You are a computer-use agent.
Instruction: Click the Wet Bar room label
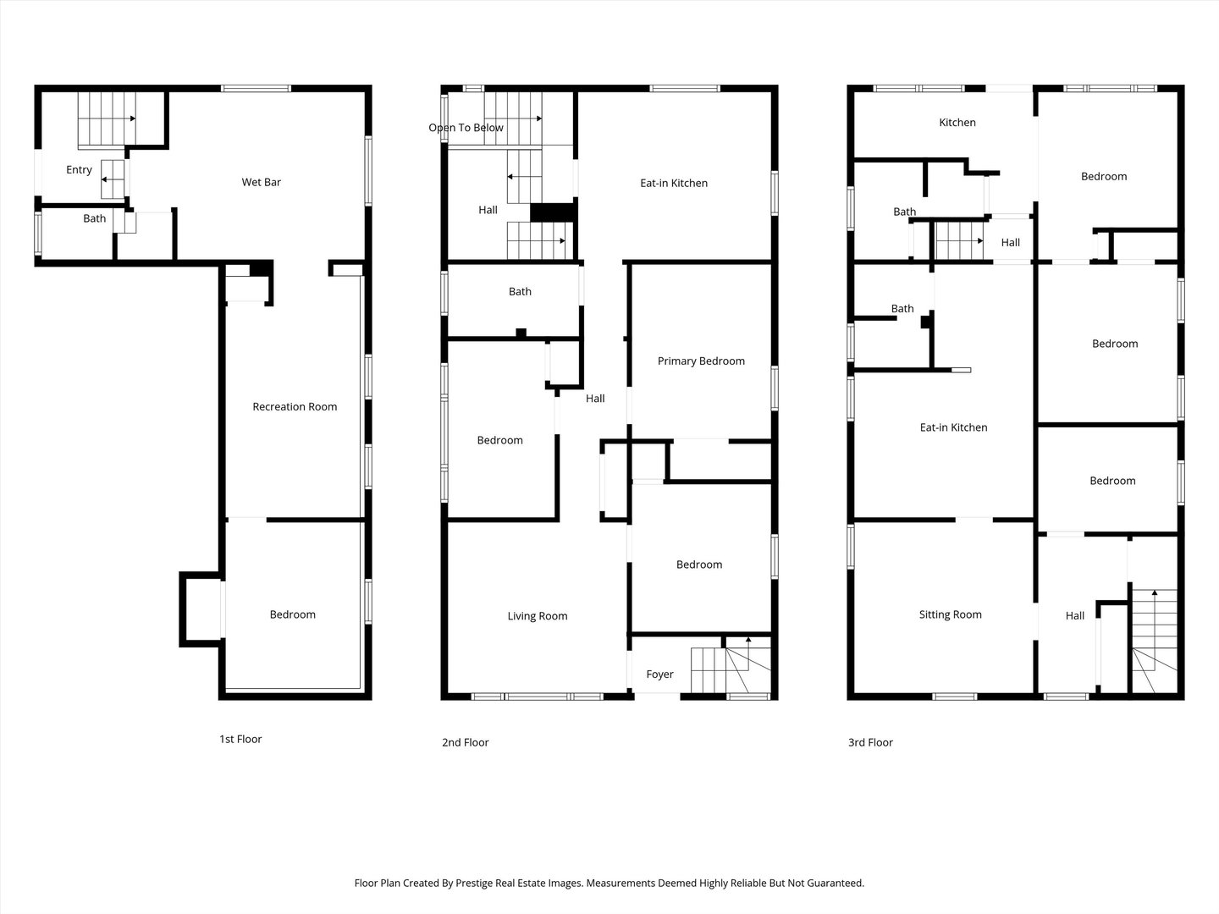(x=261, y=182)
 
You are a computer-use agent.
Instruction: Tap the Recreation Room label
(x=295, y=407)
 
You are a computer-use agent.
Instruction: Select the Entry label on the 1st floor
(x=79, y=170)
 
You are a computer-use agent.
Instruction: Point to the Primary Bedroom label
(x=701, y=361)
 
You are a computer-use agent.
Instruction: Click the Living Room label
(x=538, y=616)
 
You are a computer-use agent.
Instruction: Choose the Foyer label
(x=659, y=674)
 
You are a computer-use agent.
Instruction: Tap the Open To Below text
(x=466, y=128)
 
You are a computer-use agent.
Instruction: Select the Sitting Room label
(x=950, y=614)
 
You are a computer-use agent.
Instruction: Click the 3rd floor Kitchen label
(x=957, y=123)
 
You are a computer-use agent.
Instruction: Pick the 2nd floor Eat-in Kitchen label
(x=674, y=183)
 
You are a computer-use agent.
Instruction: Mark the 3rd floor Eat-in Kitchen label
(x=953, y=427)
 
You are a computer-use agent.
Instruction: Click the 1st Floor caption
(x=240, y=739)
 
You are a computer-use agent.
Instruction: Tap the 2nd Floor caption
(x=466, y=742)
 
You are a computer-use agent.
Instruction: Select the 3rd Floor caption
(x=870, y=742)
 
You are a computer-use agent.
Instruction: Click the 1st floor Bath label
(x=95, y=218)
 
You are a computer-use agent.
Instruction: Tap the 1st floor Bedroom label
(x=293, y=614)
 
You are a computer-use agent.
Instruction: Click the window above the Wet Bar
(x=256, y=88)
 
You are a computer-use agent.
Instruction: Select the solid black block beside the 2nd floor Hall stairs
(x=553, y=212)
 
